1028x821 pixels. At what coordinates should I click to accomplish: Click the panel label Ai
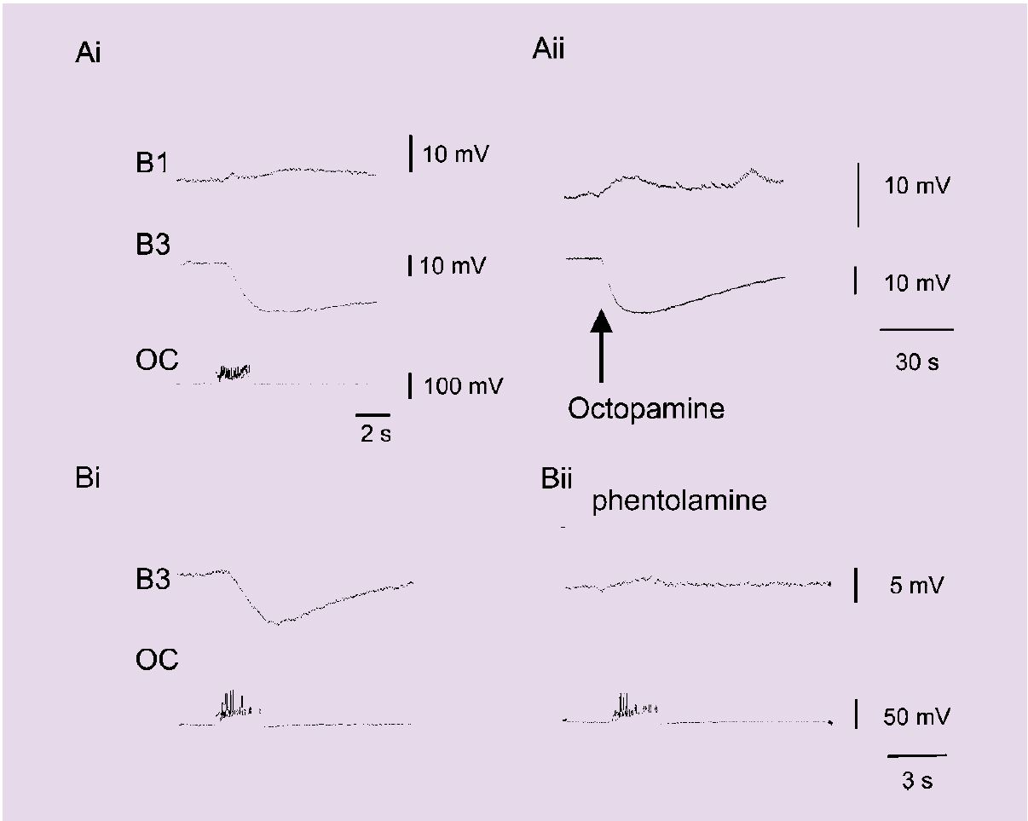88,52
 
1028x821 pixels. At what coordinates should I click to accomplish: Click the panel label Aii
548,49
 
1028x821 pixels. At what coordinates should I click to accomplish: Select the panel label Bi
88,477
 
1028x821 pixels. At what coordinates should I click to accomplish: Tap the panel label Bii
556,478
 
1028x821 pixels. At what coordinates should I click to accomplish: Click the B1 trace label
152,163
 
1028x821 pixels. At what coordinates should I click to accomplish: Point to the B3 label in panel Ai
153,244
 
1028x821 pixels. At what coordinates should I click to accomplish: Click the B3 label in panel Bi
153,580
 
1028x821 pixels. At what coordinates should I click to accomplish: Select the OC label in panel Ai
157,360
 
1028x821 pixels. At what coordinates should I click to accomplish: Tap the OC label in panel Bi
157,660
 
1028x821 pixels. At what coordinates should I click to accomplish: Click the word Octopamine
646,409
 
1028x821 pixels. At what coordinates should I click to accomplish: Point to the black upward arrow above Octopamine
601,346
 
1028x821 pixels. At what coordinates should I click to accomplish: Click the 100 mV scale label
464,386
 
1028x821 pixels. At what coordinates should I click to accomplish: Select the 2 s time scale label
376,433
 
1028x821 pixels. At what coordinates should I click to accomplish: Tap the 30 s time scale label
917,361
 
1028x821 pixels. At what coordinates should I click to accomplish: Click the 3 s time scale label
917,781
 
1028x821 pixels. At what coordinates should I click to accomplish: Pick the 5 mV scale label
916,586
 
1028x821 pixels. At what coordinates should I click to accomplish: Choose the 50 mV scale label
916,717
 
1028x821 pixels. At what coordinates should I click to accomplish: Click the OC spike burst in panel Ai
234,373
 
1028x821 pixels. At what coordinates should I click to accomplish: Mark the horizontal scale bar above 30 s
916,329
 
